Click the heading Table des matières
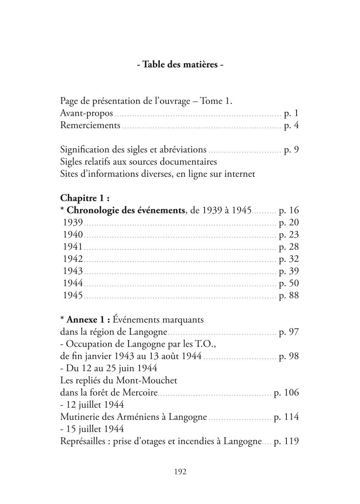click(x=179, y=65)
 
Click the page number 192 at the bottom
click(x=180, y=471)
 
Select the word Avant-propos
click(x=86, y=113)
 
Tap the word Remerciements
click(x=90, y=126)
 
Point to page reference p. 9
click(x=291, y=150)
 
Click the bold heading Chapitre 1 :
click(x=85, y=198)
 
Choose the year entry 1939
click(x=73, y=222)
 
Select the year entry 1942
click(x=73, y=259)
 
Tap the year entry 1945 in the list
click(x=73, y=295)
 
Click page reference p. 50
click(x=289, y=283)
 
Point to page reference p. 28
click(x=289, y=247)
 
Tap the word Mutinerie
click(x=79, y=417)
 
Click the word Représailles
click(x=83, y=442)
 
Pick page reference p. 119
click(x=286, y=442)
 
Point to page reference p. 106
click(x=286, y=393)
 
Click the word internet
click(x=240, y=174)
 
